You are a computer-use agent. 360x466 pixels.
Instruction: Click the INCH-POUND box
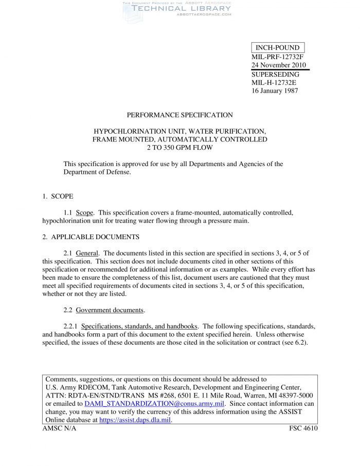pos(277,48)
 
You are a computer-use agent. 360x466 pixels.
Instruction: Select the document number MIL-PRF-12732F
pos(277,57)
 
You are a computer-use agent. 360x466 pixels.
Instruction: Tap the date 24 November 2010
pos(278,65)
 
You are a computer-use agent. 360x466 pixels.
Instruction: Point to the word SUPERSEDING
pos(275,74)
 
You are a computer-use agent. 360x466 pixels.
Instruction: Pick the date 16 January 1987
pos(275,91)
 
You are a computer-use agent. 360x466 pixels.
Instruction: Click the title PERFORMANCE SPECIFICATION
pos(179,115)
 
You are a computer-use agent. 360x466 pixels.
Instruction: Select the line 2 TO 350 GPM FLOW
pos(179,148)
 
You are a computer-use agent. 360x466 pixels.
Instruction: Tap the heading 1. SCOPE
pos(58,196)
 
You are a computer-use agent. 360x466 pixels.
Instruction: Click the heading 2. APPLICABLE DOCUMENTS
pos(91,237)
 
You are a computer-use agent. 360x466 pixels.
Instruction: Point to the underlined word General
pos(87,254)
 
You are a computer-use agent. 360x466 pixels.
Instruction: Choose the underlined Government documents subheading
pos(110,310)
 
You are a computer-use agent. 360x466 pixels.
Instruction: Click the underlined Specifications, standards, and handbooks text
pos(139,327)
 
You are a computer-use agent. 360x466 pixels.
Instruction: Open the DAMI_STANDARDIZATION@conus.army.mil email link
pos(154,404)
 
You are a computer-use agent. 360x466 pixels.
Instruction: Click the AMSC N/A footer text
pos(59,428)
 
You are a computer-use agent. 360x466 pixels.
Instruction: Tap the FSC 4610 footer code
pos(303,428)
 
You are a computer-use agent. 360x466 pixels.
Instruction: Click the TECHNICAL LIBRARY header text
pos(181,8)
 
